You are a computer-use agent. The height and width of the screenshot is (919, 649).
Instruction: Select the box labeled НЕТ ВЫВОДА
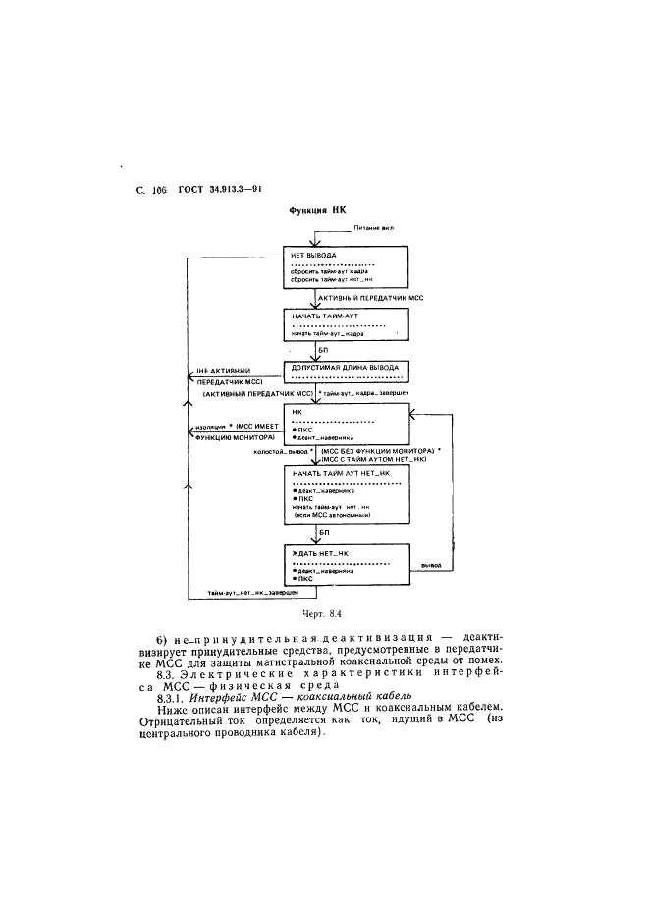[x=345, y=266]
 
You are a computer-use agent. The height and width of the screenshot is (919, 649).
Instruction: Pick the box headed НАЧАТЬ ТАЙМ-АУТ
[x=345, y=325]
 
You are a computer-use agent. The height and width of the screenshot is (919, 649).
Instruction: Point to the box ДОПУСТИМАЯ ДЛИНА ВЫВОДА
[x=345, y=371]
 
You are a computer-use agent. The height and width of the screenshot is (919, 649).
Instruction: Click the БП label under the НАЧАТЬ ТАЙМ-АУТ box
[x=323, y=349]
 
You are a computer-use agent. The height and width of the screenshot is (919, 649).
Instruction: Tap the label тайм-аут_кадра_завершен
[x=373, y=393]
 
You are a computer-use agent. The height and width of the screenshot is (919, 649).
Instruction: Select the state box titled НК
[x=345, y=426]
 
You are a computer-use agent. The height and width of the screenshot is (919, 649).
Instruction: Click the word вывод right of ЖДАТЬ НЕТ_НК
[x=430, y=566]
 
